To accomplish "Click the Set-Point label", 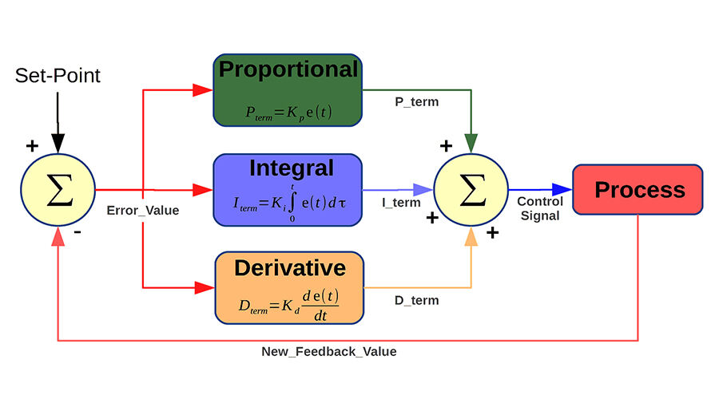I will click(58, 77).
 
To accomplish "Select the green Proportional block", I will click(288, 90).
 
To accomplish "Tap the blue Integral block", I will click(288, 190).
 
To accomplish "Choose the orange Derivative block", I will click(289, 286).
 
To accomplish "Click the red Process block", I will click(638, 190).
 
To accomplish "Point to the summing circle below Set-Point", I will click(58, 190).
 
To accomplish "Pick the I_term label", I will click(401, 203).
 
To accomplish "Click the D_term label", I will click(416, 300).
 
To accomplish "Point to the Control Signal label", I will click(539, 209).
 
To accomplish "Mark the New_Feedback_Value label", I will click(328, 351).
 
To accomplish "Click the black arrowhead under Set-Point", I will click(58, 144).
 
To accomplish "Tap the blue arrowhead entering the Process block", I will click(562, 189).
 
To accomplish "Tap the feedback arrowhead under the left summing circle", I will click(58, 237).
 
